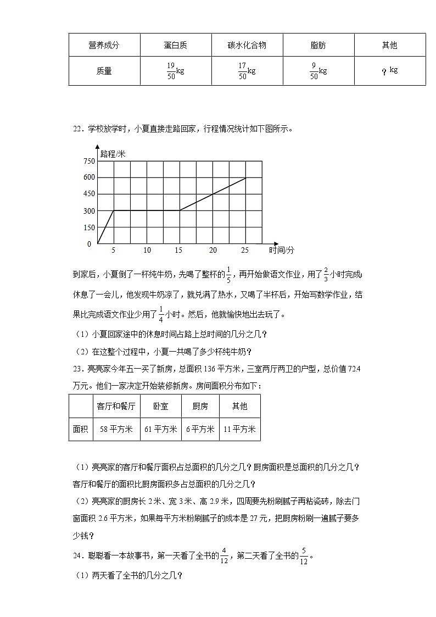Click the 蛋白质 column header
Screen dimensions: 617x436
tap(176, 45)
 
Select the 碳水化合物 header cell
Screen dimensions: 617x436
tap(247, 45)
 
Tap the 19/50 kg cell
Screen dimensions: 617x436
tap(176, 71)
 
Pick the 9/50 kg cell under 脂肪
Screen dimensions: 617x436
tap(318, 71)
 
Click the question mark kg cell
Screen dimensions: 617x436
tap(389, 71)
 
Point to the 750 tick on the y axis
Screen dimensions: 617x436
tap(88, 161)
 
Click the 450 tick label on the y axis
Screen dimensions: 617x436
tap(88, 194)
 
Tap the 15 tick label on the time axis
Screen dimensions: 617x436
tap(178, 250)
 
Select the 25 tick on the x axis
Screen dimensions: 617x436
tap(244, 250)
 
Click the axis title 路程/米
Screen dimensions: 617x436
tap(113, 154)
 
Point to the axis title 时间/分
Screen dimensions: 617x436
tap(281, 251)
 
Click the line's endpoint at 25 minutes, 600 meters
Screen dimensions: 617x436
tap(245, 177)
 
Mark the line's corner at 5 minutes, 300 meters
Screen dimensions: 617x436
tap(114, 210)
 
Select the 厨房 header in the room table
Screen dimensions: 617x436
tap(200, 407)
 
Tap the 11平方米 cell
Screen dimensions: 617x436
tap(239, 430)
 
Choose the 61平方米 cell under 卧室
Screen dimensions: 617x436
tap(160, 430)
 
